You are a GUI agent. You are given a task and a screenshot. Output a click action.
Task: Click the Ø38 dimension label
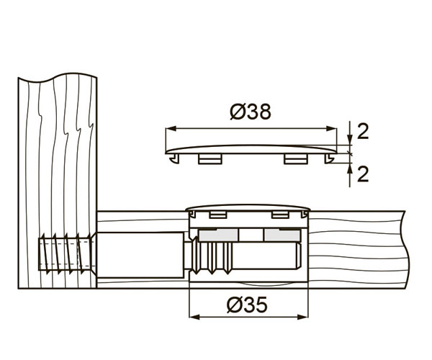(x=251, y=112)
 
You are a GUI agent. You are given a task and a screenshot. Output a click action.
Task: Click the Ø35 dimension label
(x=247, y=305)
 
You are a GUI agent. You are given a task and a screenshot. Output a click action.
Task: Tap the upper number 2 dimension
(x=363, y=131)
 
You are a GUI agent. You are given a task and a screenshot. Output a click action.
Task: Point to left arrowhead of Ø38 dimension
(x=171, y=128)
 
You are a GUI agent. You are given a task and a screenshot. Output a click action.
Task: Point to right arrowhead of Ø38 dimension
(x=331, y=128)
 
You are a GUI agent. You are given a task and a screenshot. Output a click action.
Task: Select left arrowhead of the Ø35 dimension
(x=194, y=318)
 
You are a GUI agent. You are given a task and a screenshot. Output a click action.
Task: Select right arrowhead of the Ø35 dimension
(x=302, y=318)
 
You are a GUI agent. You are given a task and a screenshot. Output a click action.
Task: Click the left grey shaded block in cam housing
(x=218, y=235)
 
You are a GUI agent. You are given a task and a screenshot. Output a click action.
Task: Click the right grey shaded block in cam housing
(x=282, y=235)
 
